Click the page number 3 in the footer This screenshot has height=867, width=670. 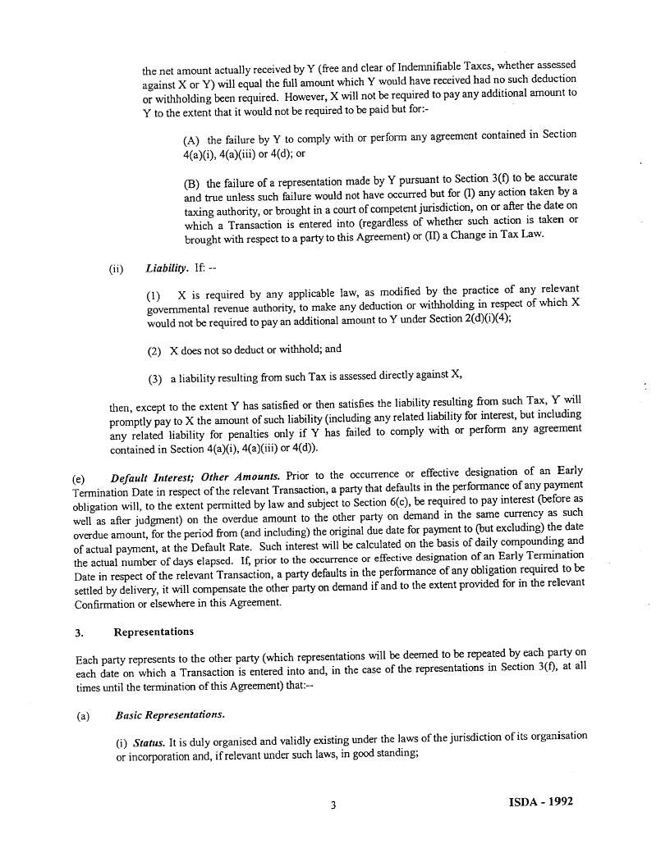point(333,805)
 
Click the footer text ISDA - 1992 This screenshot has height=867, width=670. point(535,801)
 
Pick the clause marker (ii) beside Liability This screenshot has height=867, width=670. point(115,269)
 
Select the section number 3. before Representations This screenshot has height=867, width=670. point(80,632)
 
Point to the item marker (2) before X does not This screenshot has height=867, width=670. point(154,350)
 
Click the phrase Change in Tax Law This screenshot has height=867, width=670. point(497,235)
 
